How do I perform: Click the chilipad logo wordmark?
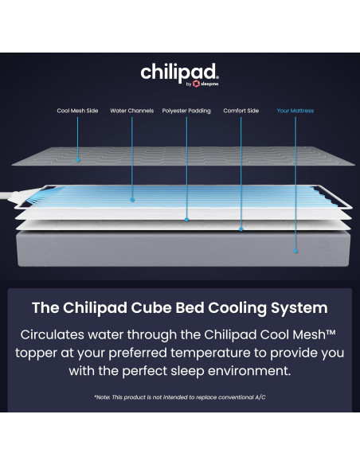[x=179, y=72]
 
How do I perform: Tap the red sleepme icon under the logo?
[x=196, y=84]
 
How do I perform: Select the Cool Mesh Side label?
[x=77, y=111]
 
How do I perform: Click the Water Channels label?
[x=132, y=111]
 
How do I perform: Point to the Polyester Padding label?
[x=186, y=111]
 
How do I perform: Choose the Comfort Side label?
[x=241, y=111]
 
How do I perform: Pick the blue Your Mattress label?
[x=295, y=111]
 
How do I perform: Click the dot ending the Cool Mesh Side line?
[x=78, y=160]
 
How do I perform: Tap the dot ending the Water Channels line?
[x=132, y=200]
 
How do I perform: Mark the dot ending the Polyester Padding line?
[x=186, y=220]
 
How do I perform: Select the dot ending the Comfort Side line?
[x=241, y=229]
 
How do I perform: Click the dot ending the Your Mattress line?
[x=295, y=251]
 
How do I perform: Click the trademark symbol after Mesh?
[x=331, y=332]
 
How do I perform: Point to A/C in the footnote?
[x=260, y=397]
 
